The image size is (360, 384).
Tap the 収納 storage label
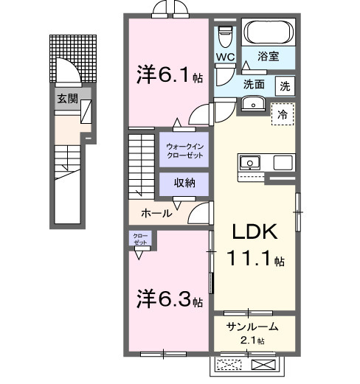point(184,184)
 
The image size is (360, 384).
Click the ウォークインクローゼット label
point(184,150)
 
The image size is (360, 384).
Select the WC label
point(226,56)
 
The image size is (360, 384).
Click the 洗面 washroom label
point(255,85)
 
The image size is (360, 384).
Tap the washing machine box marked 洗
point(285,85)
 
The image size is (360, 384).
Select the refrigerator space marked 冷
point(282,114)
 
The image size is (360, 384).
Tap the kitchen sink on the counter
point(249,162)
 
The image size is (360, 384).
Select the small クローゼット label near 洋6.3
point(139,240)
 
